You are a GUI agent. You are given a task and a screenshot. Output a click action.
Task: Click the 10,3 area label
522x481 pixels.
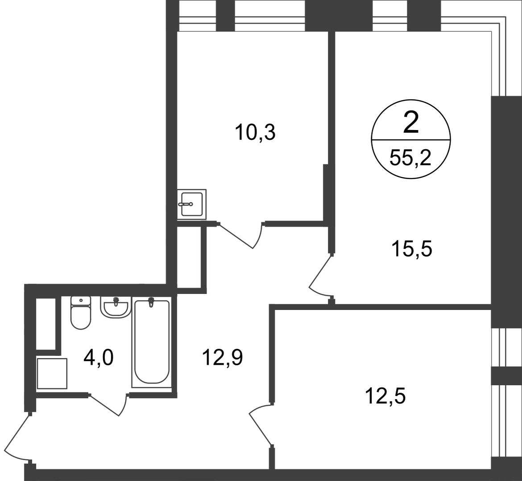pyautogui.click(x=255, y=133)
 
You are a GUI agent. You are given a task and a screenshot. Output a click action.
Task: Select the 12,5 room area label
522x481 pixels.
pyautogui.click(x=385, y=396)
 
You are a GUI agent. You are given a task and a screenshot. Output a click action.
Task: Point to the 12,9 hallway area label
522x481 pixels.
pyautogui.click(x=222, y=358)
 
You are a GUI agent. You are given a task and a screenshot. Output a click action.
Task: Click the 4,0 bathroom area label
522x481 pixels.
pyautogui.click(x=99, y=358)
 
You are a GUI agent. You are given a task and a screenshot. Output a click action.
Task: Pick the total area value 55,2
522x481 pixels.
pyautogui.click(x=410, y=159)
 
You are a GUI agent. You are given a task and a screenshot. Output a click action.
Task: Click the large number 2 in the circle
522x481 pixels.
pyautogui.click(x=411, y=122)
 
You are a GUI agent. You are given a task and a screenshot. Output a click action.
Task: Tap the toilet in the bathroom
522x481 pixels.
pyautogui.click(x=81, y=313)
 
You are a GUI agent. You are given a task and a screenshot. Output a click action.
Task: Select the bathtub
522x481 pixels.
pyautogui.click(x=152, y=342)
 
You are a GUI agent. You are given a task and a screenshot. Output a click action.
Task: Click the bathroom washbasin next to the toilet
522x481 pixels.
pyautogui.click(x=115, y=307)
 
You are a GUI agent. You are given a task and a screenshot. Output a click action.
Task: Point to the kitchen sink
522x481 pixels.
pyautogui.click(x=191, y=204)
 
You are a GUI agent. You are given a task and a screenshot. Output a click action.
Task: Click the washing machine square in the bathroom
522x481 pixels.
pyautogui.click(x=52, y=373)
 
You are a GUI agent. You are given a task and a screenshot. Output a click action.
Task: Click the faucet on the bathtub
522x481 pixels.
pyautogui.click(x=151, y=302)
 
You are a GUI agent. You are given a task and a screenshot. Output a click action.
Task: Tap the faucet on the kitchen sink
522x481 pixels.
pyautogui.click(x=186, y=204)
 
